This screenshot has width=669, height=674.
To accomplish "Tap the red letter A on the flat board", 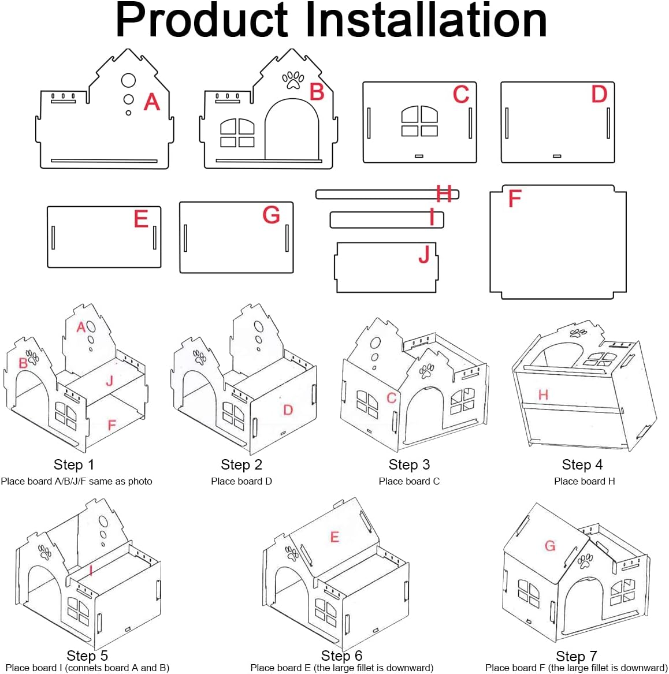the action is [152, 102].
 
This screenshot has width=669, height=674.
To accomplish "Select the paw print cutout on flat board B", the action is [293, 80].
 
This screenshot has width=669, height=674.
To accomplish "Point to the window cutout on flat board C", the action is [419, 121].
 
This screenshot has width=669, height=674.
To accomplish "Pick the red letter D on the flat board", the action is [599, 94].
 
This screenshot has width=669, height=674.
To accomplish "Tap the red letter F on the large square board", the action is [515, 198].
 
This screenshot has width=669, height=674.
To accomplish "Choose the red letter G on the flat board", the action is [272, 215].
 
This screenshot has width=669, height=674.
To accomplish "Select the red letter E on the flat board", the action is [141, 219].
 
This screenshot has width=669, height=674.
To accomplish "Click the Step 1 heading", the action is [73, 464].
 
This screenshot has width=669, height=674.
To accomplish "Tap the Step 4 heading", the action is [582, 464].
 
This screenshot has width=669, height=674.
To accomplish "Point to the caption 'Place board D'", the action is [241, 481].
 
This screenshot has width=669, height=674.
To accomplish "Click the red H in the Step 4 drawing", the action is [543, 394].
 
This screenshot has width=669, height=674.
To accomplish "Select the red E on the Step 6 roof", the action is [335, 537].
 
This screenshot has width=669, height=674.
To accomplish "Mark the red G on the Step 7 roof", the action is [550, 546].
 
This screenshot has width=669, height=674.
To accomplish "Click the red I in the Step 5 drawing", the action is [91, 571].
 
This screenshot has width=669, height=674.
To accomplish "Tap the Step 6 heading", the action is [341, 656].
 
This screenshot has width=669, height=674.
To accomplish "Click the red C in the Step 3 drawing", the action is [391, 398].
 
